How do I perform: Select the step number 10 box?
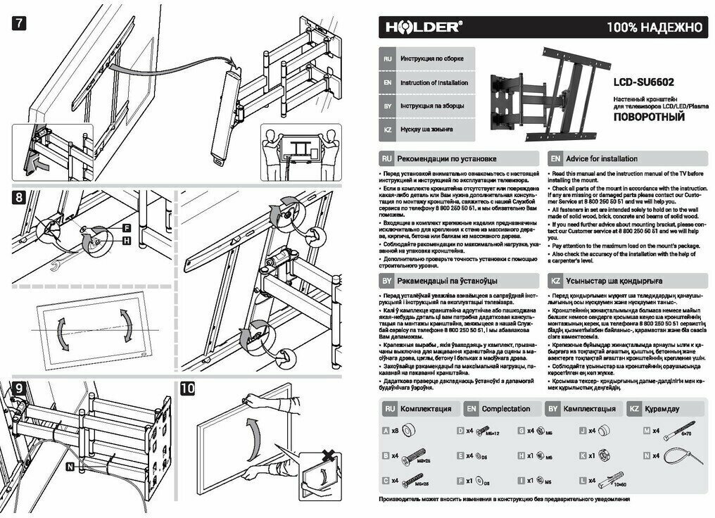(x=189, y=388)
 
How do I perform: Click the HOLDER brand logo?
(x=423, y=28)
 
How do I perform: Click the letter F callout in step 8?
(x=127, y=229)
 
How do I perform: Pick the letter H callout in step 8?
(x=127, y=241)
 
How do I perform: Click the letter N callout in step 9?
(x=70, y=466)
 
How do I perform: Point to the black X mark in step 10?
(x=327, y=457)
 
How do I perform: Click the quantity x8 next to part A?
(x=394, y=430)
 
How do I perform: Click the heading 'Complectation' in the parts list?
(x=505, y=409)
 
